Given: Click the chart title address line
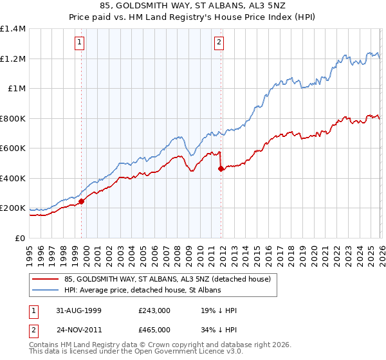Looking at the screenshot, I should [193, 6].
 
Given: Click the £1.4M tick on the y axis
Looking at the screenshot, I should [14, 29].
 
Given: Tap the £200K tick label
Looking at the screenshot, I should [14, 208].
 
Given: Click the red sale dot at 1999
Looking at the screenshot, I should [82, 201].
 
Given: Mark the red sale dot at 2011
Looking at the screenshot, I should [221, 168].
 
